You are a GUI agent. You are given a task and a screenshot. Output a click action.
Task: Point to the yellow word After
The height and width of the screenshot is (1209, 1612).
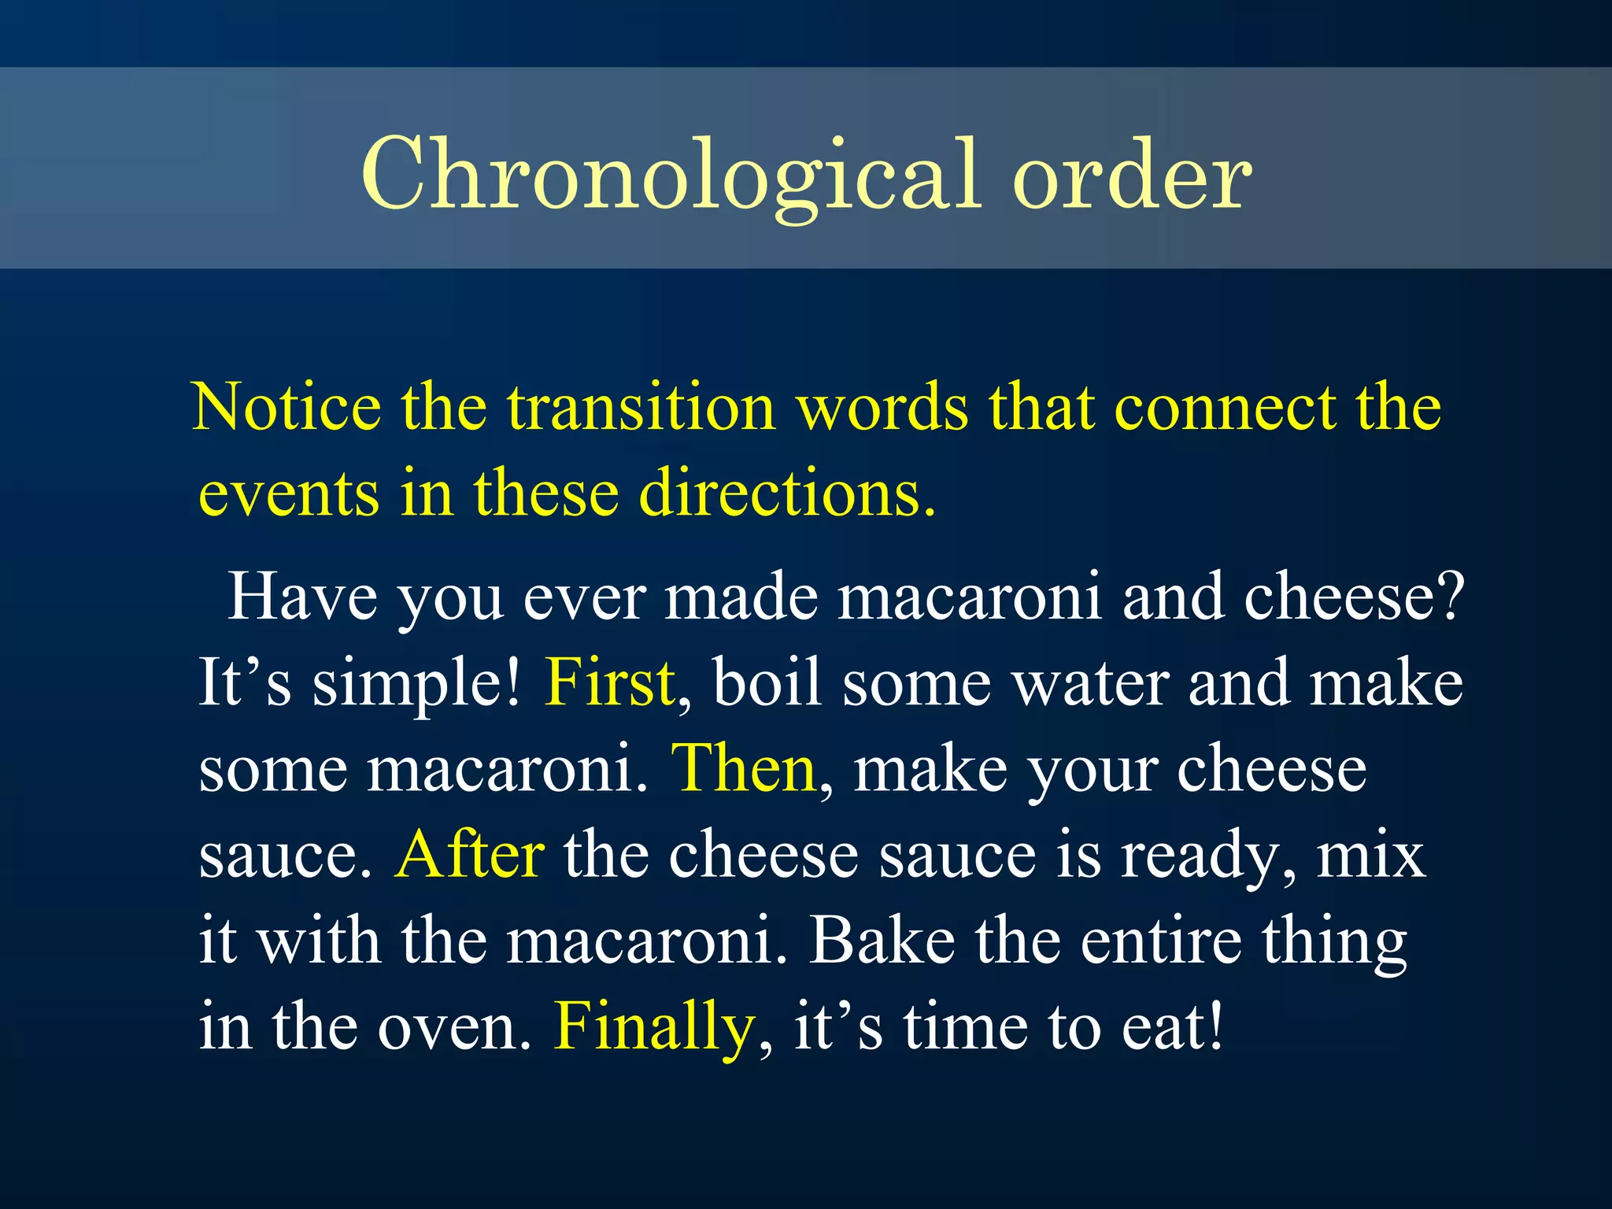pyautogui.click(x=469, y=855)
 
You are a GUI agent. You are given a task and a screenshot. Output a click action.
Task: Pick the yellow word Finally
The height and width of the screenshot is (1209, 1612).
pyautogui.click(x=654, y=1026)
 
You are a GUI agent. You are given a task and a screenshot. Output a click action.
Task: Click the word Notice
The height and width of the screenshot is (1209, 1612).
pyautogui.click(x=287, y=408)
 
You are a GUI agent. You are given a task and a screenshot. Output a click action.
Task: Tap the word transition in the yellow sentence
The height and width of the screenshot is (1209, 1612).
pyautogui.click(x=641, y=408)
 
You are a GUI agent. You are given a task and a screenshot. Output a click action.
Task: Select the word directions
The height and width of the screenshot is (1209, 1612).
pyautogui.click(x=787, y=494)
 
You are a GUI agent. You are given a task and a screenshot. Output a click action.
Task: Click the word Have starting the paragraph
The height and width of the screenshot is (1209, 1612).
pyautogui.click(x=302, y=597)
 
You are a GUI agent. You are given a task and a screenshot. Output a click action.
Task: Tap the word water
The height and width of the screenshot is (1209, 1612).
pyautogui.click(x=1090, y=683)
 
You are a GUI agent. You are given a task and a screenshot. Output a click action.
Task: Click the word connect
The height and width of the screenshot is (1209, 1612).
pyautogui.click(x=1224, y=408)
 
